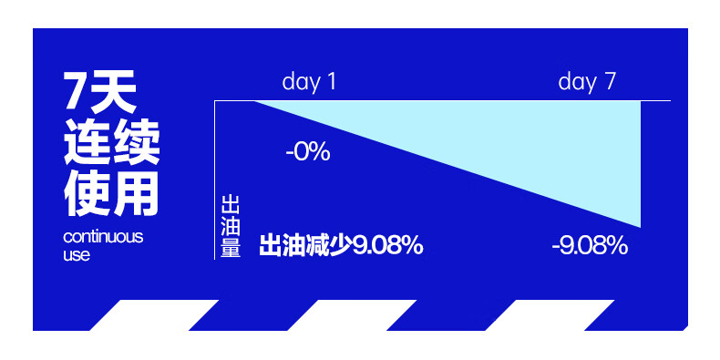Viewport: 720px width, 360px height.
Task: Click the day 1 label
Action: click(x=309, y=83)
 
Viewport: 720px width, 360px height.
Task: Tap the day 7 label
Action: click(x=586, y=83)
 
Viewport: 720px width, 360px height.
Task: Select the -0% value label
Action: click(x=308, y=152)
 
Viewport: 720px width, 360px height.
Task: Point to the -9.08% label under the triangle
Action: click(x=590, y=247)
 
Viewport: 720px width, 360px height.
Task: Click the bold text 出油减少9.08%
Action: click(x=341, y=246)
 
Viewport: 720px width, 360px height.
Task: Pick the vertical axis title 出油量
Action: click(x=231, y=226)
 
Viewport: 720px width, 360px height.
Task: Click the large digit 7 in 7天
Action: click(x=76, y=90)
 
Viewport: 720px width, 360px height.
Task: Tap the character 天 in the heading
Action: click(x=112, y=92)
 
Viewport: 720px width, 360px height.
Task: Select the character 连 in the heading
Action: click(x=87, y=141)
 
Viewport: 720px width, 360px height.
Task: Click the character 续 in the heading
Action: click(x=136, y=141)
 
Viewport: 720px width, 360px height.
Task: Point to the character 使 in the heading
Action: click(x=87, y=193)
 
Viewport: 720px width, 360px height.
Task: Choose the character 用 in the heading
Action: click(x=136, y=193)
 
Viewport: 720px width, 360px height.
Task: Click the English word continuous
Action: click(x=103, y=237)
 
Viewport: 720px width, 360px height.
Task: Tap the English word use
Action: click(x=77, y=255)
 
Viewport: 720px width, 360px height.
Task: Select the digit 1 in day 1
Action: click(x=331, y=82)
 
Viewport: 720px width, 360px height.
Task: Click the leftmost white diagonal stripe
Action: click(x=154, y=315)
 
